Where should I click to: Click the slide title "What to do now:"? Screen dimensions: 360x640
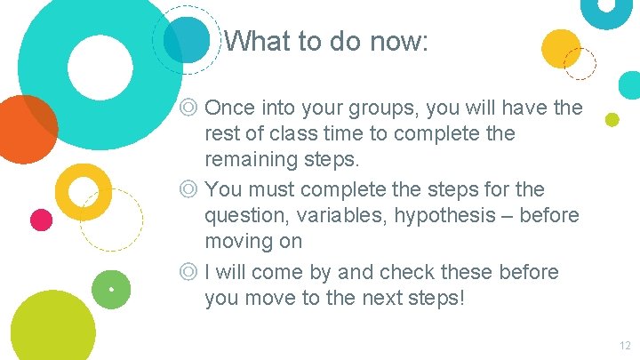point(326,41)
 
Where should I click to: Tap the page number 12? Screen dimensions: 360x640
point(624,346)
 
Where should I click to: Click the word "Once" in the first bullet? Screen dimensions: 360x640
point(228,108)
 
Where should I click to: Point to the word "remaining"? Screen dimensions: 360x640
point(252,161)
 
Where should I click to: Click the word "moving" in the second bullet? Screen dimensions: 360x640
point(240,241)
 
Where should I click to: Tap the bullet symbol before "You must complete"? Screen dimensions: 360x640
point(188,189)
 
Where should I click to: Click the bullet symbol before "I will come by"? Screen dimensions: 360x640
point(188,271)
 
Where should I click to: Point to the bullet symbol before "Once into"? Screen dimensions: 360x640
point(188,108)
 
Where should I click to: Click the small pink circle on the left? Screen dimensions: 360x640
point(41,219)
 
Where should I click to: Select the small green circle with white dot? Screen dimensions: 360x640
point(111,289)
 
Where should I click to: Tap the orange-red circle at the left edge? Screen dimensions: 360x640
point(25,129)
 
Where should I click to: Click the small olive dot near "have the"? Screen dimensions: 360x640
point(612,119)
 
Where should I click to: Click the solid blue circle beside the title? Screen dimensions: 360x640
point(187,39)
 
